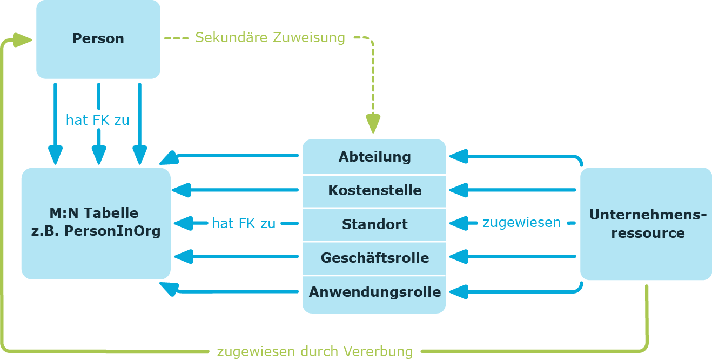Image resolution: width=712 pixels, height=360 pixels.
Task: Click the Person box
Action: click(x=98, y=39)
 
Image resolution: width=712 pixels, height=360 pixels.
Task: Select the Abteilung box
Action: click(x=374, y=156)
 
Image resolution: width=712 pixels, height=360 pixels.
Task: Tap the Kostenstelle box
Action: click(x=374, y=191)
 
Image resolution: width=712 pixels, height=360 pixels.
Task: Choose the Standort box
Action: click(x=374, y=224)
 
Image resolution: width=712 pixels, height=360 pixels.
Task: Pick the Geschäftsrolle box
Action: click(x=374, y=258)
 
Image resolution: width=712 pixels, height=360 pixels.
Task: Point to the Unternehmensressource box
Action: click(x=646, y=224)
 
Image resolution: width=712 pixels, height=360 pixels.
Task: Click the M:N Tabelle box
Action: click(x=96, y=224)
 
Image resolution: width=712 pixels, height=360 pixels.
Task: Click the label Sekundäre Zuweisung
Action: click(x=270, y=37)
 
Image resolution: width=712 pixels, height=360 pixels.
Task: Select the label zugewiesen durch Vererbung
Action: click(x=315, y=352)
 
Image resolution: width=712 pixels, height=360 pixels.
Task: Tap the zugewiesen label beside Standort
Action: click(x=522, y=223)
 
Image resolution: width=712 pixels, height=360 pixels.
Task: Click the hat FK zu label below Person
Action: click(x=98, y=120)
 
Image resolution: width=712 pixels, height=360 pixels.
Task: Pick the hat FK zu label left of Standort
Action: click(x=244, y=223)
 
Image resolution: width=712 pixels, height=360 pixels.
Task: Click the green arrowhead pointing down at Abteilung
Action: click(x=373, y=123)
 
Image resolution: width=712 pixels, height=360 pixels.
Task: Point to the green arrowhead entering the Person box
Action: click(x=23, y=40)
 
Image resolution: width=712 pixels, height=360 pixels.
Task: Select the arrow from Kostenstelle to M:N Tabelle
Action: click(x=235, y=190)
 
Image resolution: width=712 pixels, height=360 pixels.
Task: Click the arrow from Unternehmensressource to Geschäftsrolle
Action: click(x=512, y=256)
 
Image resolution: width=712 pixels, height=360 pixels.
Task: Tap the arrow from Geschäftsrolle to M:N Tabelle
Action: click(x=236, y=256)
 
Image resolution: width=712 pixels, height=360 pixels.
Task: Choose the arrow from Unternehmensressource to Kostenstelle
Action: click(x=512, y=190)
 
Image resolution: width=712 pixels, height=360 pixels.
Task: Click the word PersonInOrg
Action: click(x=112, y=231)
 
